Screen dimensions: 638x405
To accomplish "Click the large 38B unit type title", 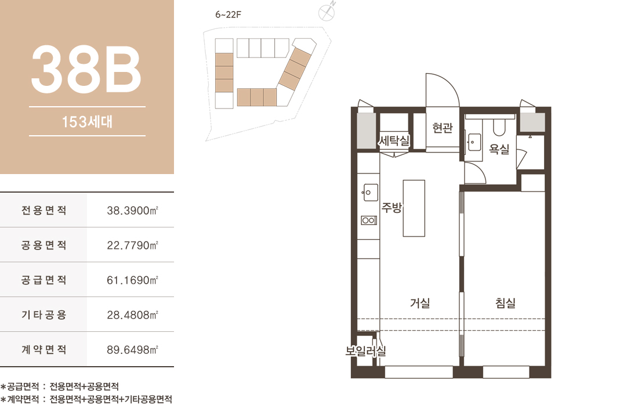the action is coord(86,69).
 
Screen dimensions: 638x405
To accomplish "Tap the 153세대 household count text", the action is coord(87,122).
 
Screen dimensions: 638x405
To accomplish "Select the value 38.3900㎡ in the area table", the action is coord(132,211).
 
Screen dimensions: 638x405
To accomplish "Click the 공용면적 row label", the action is coord(44,245).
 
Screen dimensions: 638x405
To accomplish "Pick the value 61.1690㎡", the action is coord(132,280).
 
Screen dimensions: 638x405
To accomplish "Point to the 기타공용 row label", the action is coord(44,314).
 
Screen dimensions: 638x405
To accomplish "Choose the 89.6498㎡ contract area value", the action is coord(132,350).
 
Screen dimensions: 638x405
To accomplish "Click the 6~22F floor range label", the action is coord(229,15).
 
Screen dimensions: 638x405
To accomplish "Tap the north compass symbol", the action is coord(327,12).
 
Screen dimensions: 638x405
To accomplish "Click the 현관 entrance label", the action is coord(443,128).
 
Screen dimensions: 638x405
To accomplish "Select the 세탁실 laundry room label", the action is coord(393,141).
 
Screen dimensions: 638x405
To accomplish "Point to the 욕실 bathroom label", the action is coord(499,149).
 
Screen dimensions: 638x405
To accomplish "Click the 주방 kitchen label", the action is coord(391,207).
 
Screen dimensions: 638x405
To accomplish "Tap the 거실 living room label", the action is coord(420,303).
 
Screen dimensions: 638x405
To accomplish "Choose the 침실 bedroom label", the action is coord(505,303).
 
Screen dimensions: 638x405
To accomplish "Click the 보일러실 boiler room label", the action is coord(365,350).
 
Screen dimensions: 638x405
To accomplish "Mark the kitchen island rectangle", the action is coord(414,208).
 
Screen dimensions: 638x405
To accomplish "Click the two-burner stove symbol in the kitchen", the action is coord(369,220).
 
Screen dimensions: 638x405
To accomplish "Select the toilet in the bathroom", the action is coord(499,127).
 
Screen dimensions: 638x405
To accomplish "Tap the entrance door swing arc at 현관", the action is coord(449,83).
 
